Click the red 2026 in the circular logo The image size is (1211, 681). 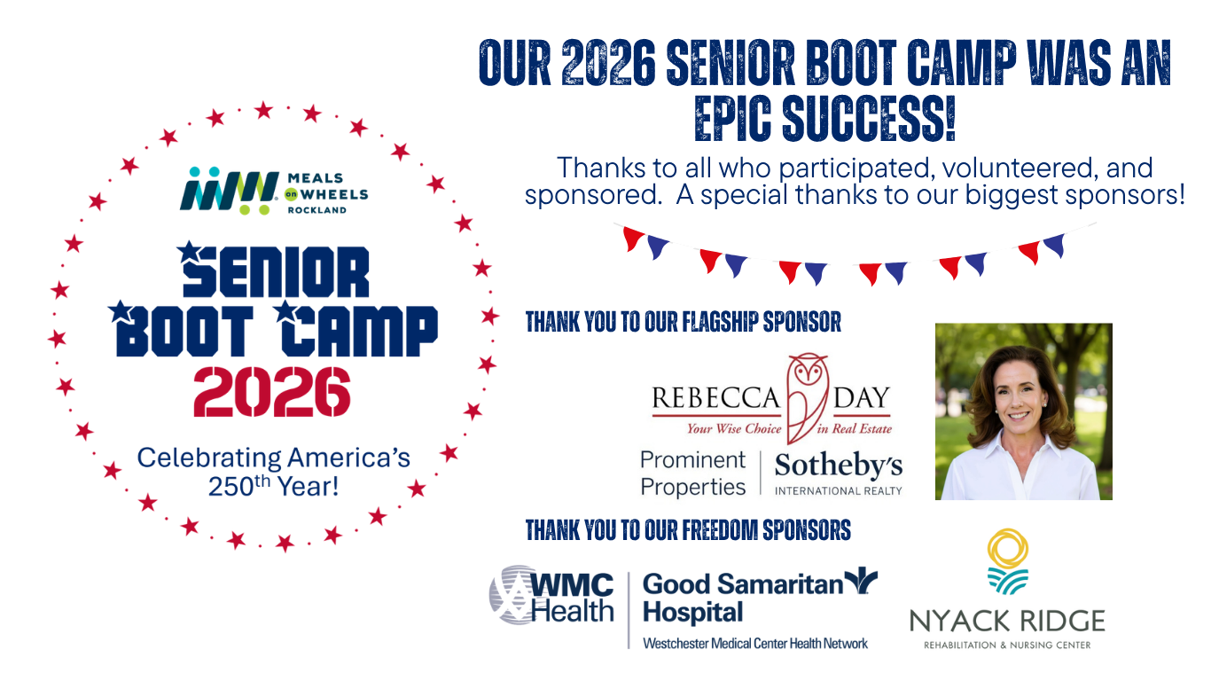point(272,393)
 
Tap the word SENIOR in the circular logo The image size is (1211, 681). point(275,272)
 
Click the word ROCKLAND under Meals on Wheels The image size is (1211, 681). point(316,210)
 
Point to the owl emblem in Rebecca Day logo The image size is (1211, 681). point(807,395)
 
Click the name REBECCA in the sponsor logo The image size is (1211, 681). point(715,398)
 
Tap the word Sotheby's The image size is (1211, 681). point(838,465)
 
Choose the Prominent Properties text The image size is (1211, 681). point(693,474)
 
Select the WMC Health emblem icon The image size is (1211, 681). point(508,595)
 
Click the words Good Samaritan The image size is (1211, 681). point(740,583)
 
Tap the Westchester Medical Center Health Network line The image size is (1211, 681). point(754,643)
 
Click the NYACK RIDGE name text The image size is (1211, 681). point(1007,620)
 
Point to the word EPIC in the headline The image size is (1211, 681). point(742,118)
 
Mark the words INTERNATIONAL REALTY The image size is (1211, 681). point(838,490)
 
